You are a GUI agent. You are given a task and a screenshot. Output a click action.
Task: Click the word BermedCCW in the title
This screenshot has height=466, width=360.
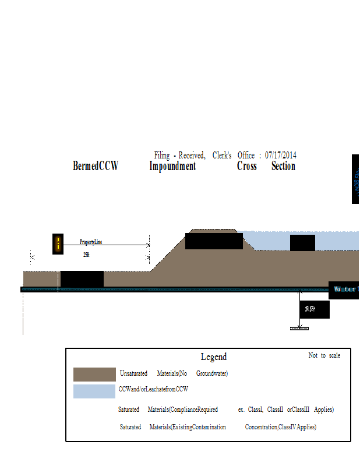[96, 166]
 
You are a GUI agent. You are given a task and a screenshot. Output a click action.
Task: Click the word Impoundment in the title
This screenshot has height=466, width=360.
[172, 166]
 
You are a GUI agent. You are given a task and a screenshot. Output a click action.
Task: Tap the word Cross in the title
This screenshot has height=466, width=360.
[247, 166]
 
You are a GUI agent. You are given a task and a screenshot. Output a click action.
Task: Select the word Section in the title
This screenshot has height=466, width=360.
[283, 166]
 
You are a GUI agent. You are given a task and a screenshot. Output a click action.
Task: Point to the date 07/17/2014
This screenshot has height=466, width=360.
[281, 155]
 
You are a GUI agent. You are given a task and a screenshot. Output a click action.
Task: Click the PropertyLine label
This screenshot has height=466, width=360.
[91, 242]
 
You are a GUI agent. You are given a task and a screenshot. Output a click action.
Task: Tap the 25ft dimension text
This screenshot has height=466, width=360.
[86, 255]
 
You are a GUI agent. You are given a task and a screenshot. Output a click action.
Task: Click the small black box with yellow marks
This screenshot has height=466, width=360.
[58, 244]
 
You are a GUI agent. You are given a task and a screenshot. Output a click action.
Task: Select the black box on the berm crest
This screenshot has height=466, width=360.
[214, 241]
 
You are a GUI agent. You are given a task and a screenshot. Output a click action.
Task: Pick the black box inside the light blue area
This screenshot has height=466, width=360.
[302, 242]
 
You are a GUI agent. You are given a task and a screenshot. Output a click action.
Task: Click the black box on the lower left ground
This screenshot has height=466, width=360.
[82, 279]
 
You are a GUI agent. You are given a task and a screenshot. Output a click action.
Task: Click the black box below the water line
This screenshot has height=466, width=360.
[315, 310]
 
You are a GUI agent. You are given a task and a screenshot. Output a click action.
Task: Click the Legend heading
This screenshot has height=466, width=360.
[214, 356]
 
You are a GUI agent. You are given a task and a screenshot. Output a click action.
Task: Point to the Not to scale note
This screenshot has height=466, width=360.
[324, 355]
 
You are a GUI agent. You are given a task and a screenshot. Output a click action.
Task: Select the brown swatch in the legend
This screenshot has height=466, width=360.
[94, 374]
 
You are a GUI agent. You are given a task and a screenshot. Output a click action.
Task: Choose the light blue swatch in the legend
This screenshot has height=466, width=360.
[94, 391]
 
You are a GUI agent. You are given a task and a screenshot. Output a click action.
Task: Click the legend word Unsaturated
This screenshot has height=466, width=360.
[133, 373]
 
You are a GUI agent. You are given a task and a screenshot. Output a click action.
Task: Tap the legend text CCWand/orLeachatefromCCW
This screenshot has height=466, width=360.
[153, 389]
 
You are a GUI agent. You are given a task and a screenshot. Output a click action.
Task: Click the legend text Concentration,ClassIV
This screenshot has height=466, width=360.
[274, 427]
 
